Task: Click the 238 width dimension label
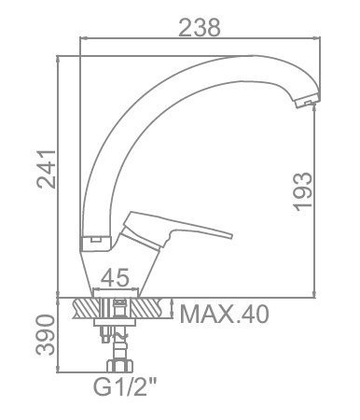(200, 27)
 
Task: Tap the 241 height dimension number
(47, 169)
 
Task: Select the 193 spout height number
(302, 191)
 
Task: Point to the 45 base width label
(115, 277)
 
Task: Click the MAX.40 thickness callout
(224, 315)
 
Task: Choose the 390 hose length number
(46, 334)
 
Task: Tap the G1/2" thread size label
(125, 387)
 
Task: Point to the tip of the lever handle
(230, 235)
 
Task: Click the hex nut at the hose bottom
(120, 366)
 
